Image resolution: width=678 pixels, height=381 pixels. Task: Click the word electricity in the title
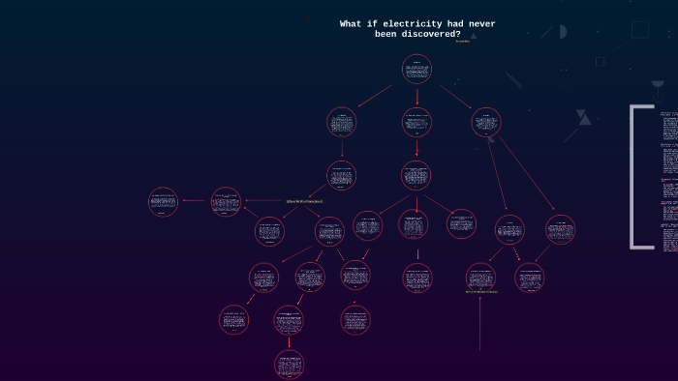(406, 23)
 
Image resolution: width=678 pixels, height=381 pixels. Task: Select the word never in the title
(478, 23)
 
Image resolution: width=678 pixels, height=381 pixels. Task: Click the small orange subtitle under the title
(463, 42)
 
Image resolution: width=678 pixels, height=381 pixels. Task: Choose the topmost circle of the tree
(416, 69)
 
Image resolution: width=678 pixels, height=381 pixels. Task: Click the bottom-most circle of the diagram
(289, 364)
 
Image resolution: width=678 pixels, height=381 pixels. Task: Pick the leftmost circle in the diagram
(163, 201)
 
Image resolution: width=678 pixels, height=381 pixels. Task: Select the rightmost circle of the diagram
(560, 229)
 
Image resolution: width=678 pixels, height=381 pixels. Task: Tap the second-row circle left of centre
(341, 122)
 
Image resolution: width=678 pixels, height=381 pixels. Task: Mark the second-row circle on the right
(486, 122)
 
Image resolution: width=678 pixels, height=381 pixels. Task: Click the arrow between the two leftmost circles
(194, 201)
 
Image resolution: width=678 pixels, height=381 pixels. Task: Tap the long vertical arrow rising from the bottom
(480, 324)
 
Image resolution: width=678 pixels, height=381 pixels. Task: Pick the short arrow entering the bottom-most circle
(289, 341)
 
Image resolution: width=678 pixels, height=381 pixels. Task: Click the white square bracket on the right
(635, 177)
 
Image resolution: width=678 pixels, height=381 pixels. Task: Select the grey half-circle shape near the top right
(563, 32)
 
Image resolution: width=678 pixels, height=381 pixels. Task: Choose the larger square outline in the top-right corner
(640, 29)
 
